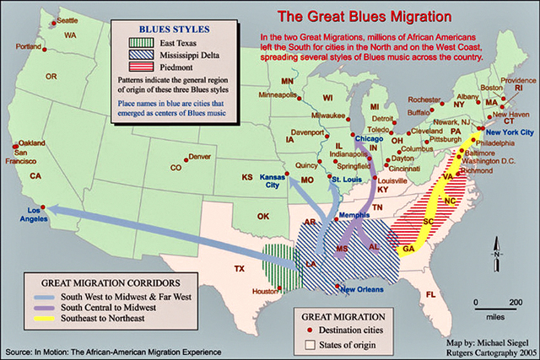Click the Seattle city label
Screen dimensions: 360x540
67,19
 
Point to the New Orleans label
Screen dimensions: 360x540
362,290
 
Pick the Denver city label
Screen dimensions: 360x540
199,157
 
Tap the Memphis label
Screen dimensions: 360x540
354,217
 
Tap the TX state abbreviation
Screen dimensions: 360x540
240,269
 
